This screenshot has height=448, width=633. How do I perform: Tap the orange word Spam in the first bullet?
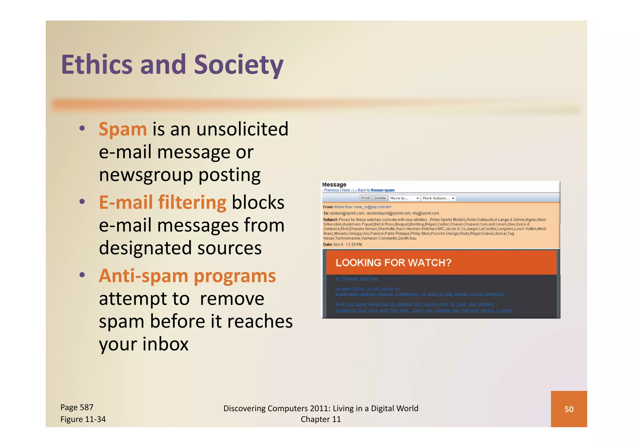(123, 129)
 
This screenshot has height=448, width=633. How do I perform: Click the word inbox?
(166, 344)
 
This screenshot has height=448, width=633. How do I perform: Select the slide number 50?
(569, 409)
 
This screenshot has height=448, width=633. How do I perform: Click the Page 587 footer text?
(77, 407)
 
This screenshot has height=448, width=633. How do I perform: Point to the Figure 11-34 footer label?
(83, 419)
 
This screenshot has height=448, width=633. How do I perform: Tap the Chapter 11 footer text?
(321, 419)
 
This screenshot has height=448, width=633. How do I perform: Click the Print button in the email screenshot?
(365, 198)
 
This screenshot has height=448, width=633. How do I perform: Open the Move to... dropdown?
(404, 198)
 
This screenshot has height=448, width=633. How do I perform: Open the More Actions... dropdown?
(438, 198)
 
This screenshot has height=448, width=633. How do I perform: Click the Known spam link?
(383, 190)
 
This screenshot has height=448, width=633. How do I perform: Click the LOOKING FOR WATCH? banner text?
(393, 263)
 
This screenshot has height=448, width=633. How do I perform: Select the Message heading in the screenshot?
(334, 185)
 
